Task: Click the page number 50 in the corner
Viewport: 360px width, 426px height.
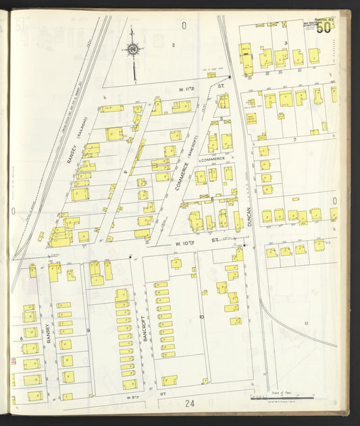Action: [x=323, y=27]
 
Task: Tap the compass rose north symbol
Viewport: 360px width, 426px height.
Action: [x=134, y=49]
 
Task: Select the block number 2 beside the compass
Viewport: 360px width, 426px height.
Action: [x=173, y=45]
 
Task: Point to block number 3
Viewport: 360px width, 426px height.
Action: [x=286, y=43]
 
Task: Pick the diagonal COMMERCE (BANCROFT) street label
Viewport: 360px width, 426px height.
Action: [x=183, y=169]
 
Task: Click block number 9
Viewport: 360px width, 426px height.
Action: [x=88, y=331]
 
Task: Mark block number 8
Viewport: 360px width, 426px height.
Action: [x=22, y=337]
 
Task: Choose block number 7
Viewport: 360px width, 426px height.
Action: [x=294, y=140]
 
